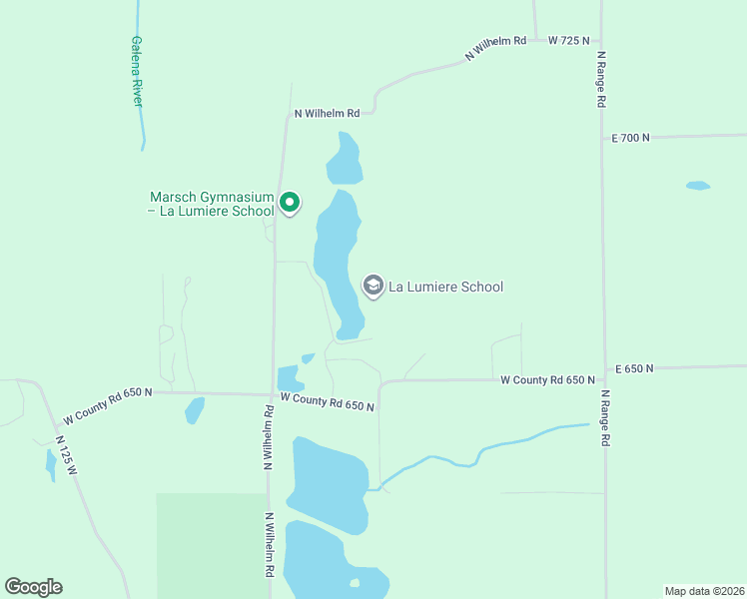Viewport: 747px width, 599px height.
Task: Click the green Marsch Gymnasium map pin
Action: pyautogui.click(x=290, y=203)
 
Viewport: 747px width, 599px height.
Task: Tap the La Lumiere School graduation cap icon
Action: pyautogui.click(x=373, y=287)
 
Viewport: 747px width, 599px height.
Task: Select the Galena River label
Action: pyautogui.click(x=137, y=72)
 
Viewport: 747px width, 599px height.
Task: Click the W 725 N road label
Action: pyautogui.click(x=569, y=40)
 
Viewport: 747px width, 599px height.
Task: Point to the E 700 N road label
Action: pyautogui.click(x=630, y=138)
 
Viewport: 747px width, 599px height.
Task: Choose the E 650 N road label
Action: pyautogui.click(x=634, y=368)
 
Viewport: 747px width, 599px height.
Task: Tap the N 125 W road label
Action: pyautogui.click(x=67, y=455)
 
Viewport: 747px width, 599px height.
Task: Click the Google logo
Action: pyautogui.click(x=33, y=587)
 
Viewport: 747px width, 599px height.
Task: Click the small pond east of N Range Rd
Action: pyautogui.click(x=698, y=186)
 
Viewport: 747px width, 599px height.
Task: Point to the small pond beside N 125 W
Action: pyautogui.click(x=51, y=464)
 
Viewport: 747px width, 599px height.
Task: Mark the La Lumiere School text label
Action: pyautogui.click(x=445, y=287)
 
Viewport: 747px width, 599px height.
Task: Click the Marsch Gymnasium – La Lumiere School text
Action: pyautogui.click(x=211, y=204)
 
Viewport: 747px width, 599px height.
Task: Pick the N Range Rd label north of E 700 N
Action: pyautogui.click(x=601, y=80)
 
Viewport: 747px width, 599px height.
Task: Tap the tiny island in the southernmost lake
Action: pyautogui.click(x=354, y=583)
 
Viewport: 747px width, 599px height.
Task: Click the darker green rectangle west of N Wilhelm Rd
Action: pyautogui.click(x=210, y=544)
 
